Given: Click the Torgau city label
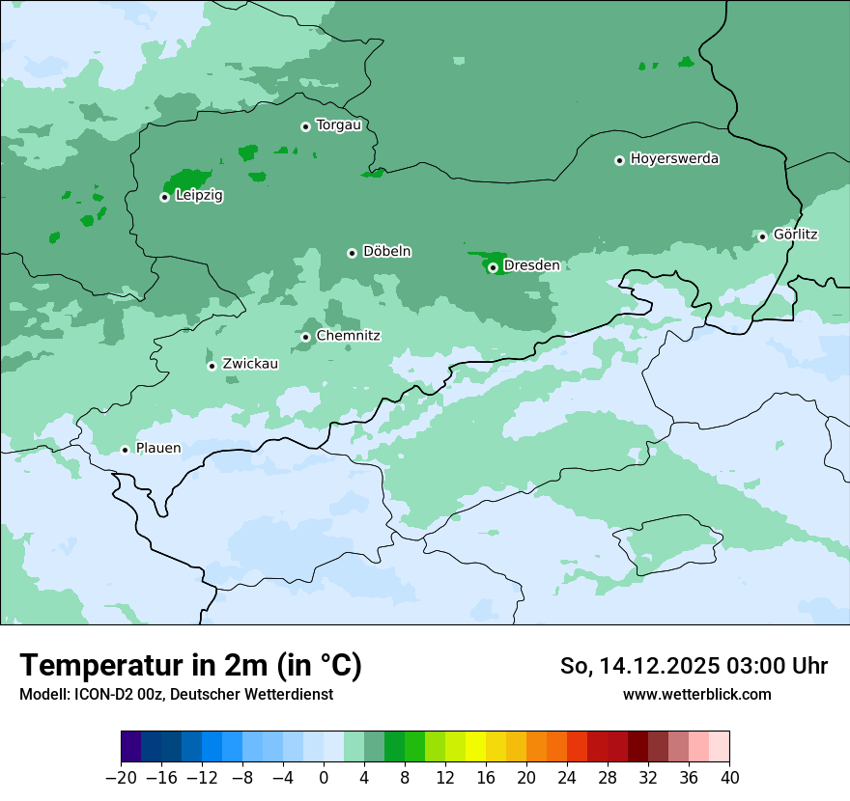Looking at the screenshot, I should coord(338,125).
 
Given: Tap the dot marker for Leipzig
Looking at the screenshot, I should coord(164,197).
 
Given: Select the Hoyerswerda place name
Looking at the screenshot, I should coord(674,159).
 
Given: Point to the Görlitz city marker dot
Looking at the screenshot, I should coord(762,236).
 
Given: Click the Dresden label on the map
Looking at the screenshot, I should coord(531,265).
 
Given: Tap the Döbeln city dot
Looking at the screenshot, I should coord(352,253).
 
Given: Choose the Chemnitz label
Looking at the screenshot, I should coord(348,336).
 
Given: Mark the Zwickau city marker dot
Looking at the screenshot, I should coord(212,366).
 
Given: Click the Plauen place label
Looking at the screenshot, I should coord(157,449).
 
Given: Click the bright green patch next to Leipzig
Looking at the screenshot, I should coord(186,180).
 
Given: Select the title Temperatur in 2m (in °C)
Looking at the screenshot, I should coord(190,665).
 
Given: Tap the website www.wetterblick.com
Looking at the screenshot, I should coord(696,694).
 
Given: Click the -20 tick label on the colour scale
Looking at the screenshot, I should coord(121,778).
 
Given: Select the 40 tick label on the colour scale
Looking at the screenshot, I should coord(729,778).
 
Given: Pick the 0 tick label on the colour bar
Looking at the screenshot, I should coord(324,778).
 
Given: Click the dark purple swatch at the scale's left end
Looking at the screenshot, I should coord(130,747).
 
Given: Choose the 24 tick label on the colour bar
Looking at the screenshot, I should coord(567,778).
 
